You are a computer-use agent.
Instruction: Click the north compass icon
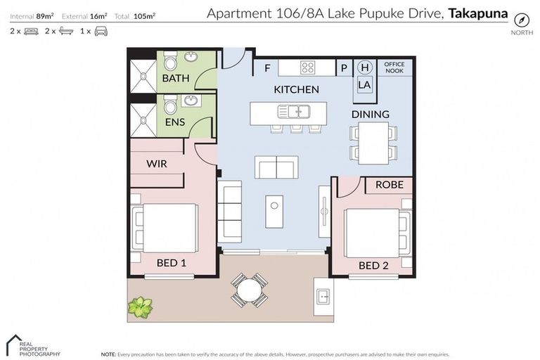click(520, 20)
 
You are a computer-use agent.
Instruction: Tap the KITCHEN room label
click(296, 89)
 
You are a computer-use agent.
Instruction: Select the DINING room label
click(370, 114)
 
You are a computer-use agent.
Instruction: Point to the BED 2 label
click(373, 266)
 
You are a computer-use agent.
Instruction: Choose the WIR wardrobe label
click(156, 163)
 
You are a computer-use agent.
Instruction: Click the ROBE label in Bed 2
click(389, 185)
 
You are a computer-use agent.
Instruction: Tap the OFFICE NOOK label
click(394, 67)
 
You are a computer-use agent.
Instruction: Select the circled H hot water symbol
click(364, 67)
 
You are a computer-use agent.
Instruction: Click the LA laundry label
click(364, 84)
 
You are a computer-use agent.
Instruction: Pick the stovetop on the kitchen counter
click(308, 67)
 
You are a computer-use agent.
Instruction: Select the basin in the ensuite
click(191, 102)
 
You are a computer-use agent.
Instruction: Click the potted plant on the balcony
click(140, 307)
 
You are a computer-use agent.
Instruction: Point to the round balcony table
click(249, 289)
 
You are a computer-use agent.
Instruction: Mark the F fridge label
click(267, 68)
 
